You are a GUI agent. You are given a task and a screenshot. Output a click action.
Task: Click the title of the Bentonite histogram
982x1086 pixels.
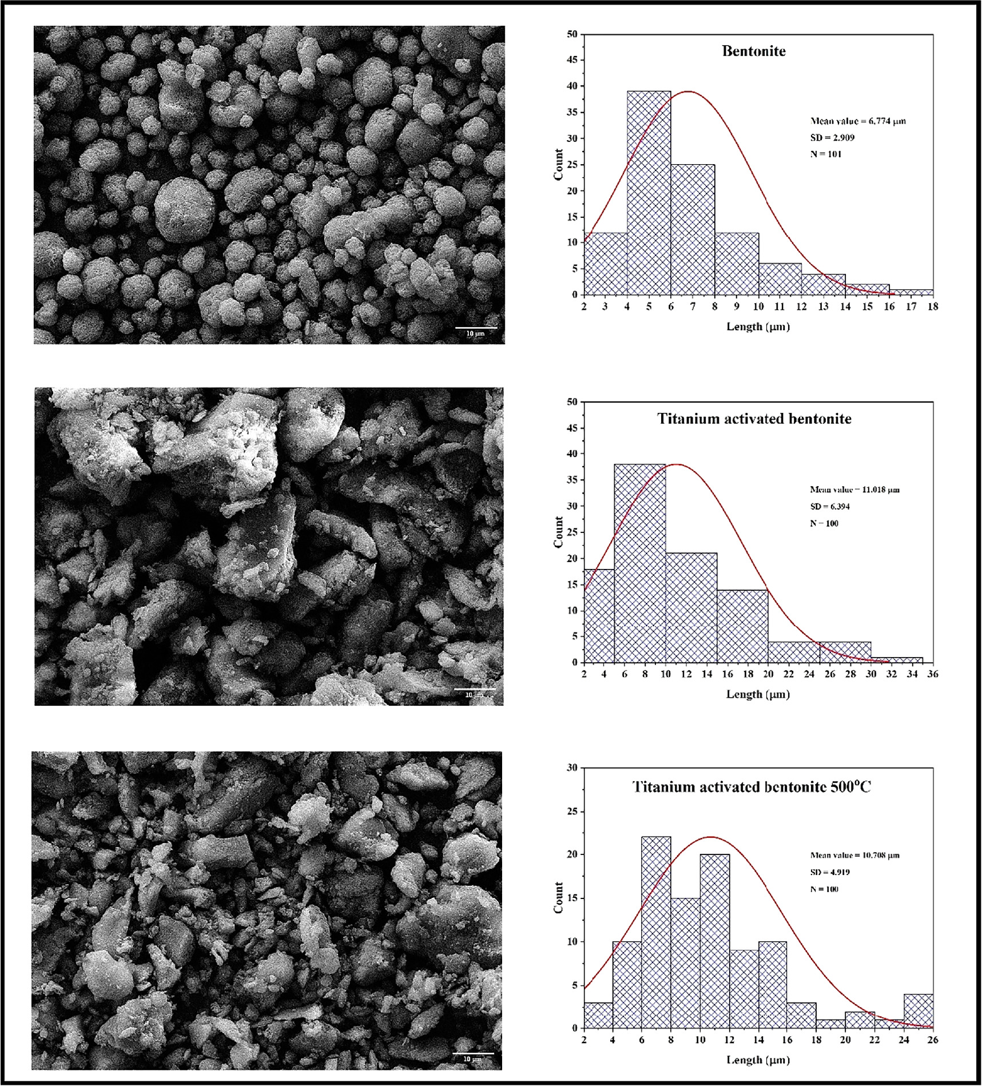753,51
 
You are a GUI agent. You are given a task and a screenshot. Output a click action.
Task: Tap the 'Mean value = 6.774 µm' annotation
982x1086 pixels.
857,121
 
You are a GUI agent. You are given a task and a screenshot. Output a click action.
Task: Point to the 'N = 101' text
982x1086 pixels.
825,154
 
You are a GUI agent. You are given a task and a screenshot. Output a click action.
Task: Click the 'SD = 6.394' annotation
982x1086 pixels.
829,506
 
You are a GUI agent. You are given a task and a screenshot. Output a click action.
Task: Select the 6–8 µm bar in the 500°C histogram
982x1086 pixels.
656,933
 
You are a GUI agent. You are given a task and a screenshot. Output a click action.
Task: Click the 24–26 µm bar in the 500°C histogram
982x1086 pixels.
918,1012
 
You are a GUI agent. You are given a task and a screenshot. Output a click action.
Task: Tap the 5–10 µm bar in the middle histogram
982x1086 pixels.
639,563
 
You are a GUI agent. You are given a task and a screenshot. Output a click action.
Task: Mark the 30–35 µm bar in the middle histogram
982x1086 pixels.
896,659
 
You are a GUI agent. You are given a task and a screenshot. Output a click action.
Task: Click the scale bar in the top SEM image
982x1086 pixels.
475,329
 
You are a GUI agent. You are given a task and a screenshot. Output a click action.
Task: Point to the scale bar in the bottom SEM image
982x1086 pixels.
473,1053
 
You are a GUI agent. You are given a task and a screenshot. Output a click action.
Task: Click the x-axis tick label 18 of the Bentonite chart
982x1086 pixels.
933,307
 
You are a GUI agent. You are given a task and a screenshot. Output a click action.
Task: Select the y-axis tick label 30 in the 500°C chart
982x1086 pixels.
571,767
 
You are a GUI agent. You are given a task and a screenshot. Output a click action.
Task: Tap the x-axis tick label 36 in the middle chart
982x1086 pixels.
933,674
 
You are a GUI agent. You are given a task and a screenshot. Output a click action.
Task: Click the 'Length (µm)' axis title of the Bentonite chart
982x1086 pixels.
758,327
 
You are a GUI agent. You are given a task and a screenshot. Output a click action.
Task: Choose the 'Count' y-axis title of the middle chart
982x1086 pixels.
559,532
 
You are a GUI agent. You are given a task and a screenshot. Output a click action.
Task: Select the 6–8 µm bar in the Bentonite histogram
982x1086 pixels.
693,230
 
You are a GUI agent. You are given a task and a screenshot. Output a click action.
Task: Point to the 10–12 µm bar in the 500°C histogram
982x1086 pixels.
714,941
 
